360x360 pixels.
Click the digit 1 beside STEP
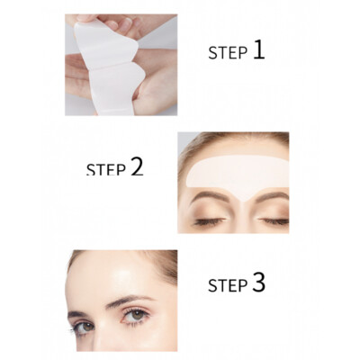click(259, 50)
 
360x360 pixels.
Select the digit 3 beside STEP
click(259, 283)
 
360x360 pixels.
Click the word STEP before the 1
click(228, 53)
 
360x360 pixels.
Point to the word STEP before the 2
click(106, 169)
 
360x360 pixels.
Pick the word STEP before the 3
click(228, 285)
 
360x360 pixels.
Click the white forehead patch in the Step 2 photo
click(237, 173)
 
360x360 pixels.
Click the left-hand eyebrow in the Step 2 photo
click(210, 196)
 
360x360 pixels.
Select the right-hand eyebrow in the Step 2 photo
click(273, 196)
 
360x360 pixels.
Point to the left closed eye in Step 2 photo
click(210, 221)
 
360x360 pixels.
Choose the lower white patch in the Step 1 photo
click(115, 90)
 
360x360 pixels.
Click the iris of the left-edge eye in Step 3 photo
click(87, 327)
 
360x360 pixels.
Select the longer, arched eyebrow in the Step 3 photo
click(130, 301)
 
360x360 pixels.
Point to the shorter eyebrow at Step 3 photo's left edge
click(76, 314)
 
